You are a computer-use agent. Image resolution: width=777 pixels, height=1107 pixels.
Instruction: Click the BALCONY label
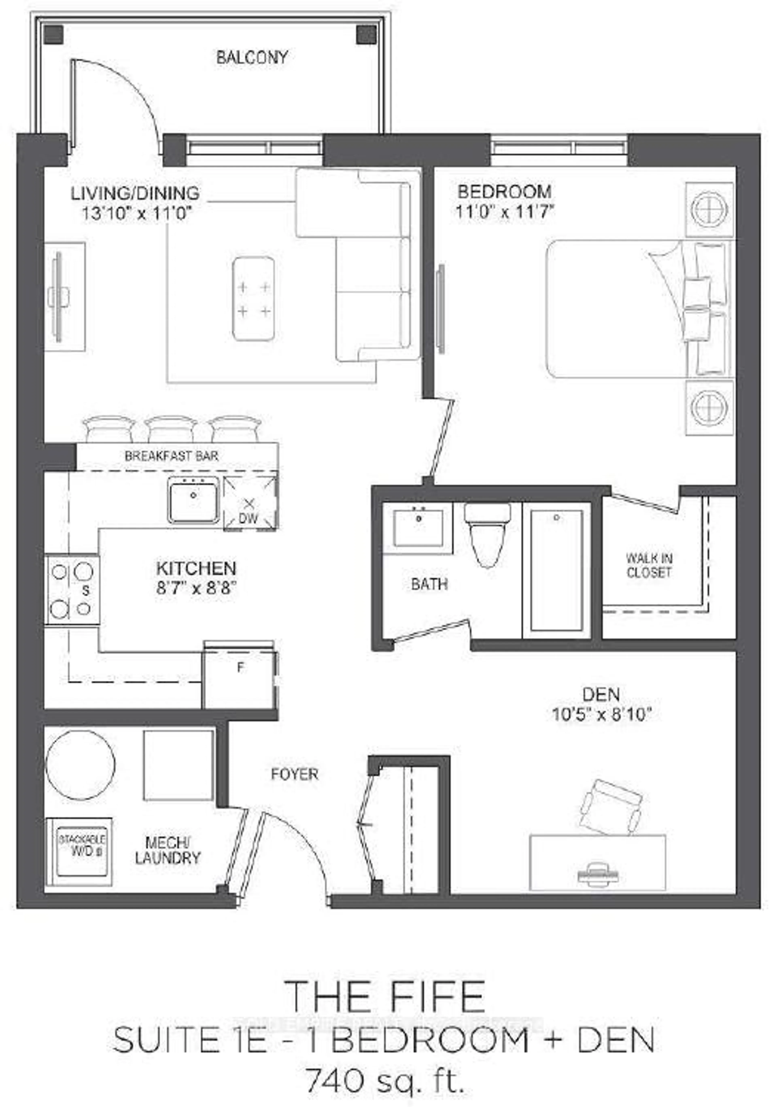point(252,58)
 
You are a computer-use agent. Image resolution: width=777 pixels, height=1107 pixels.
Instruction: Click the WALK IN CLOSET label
point(649,566)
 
